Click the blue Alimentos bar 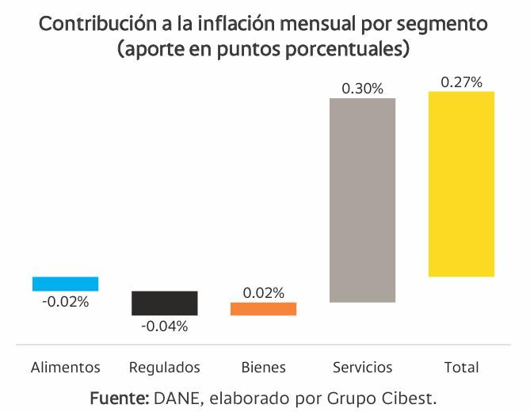(x=65, y=284)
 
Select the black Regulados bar (x=164, y=303)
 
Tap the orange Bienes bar (x=263, y=309)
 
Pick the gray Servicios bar (x=362, y=200)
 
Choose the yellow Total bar (x=461, y=184)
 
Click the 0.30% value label (x=362, y=89)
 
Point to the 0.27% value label (x=461, y=82)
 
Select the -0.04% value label (x=164, y=326)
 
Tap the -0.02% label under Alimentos (x=65, y=301)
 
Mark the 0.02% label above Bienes (x=263, y=292)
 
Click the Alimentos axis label (x=65, y=368)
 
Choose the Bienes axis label (x=263, y=368)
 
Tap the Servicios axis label (x=362, y=368)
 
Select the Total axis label (x=461, y=368)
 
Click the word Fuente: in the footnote (x=120, y=395)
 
